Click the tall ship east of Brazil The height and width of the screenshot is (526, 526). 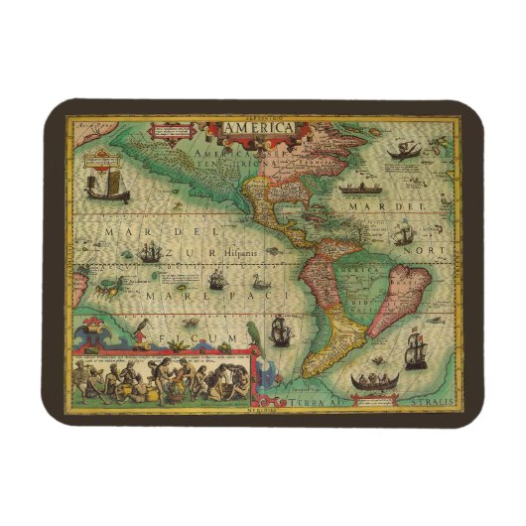pyautogui.click(x=415, y=350)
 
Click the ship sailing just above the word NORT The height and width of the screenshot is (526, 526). pyautogui.click(x=403, y=235)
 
